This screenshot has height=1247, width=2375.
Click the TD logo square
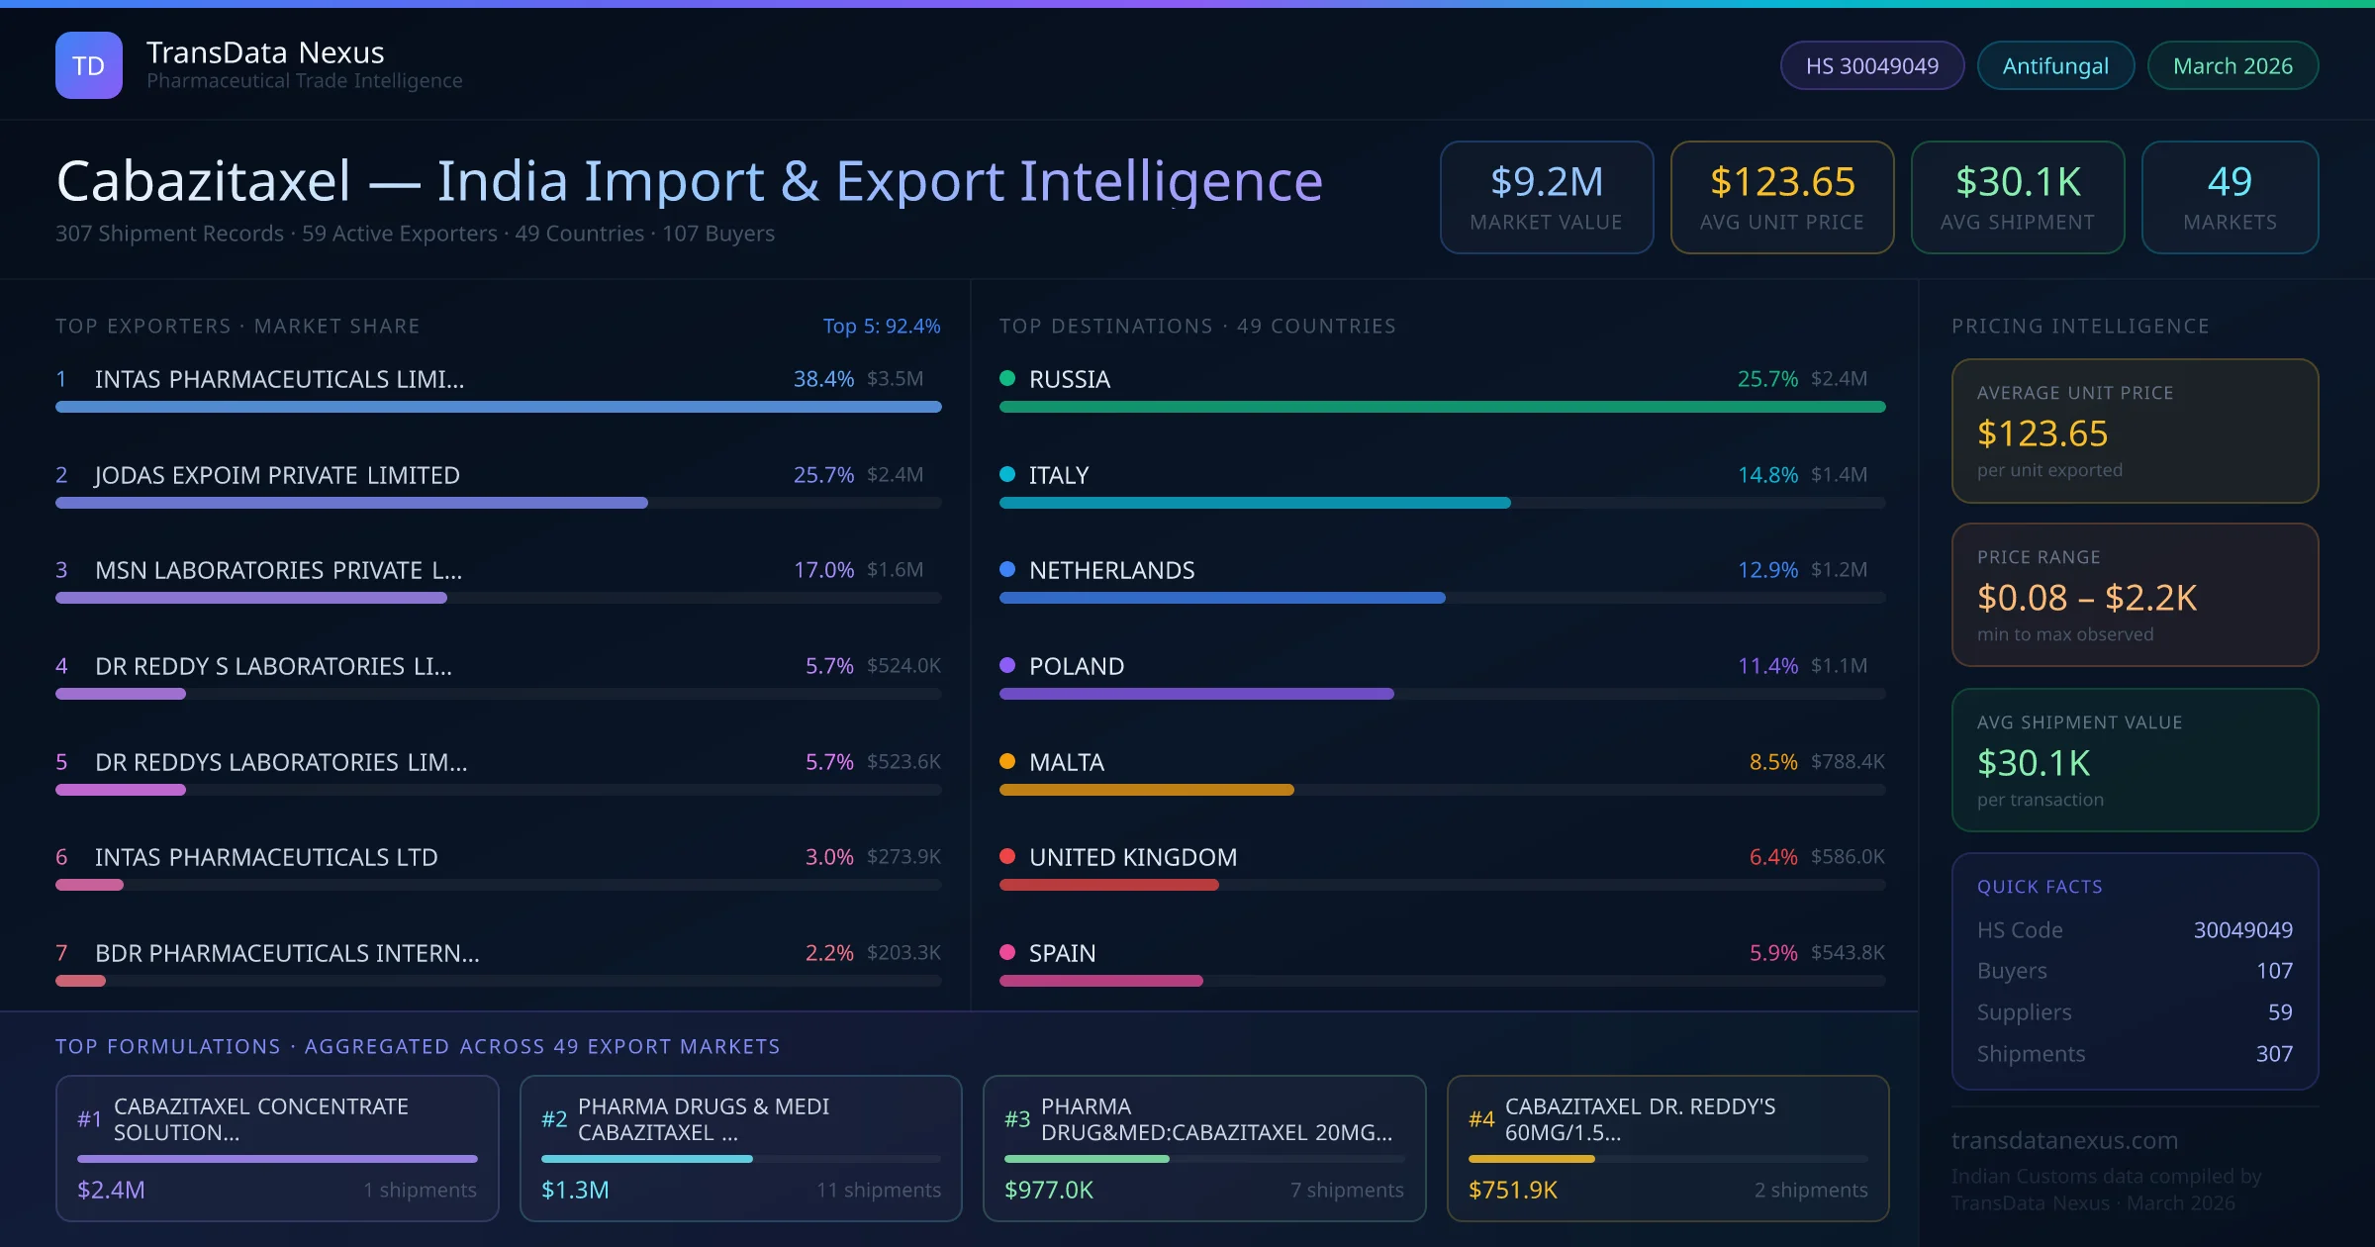tap(89, 65)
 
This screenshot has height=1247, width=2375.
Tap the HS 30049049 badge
tap(1871, 65)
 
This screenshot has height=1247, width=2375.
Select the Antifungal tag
tap(2055, 65)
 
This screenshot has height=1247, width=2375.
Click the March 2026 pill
tap(2232, 65)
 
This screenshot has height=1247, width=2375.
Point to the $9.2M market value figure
tap(1547, 182)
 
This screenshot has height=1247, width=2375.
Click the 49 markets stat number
tap(2230, 182)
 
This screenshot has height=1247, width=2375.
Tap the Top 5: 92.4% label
tap(881, 326)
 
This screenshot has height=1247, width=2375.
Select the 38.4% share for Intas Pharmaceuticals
tap(823, 379)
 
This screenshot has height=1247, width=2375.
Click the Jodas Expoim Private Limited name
tap(277, 475)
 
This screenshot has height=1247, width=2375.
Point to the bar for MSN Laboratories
tap(251, 598)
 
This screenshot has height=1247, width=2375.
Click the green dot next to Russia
tap(1007, 378)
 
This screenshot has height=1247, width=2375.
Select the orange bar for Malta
tap(1146, 790)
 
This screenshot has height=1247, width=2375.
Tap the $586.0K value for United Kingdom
tap(1848, 857)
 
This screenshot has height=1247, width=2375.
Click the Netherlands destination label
tap(1111, 570)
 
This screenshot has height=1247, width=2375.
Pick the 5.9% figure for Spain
tap(1773, 953)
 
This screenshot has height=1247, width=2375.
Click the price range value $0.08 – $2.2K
tap(2086, 598)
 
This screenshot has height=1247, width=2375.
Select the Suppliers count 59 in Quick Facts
tap(2280, 1012)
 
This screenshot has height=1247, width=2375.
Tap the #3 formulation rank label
tap(1017, 1119)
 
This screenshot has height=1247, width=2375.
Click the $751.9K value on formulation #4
tap(1512, 1190)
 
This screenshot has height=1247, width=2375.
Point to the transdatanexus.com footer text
tap(2064, 1140)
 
